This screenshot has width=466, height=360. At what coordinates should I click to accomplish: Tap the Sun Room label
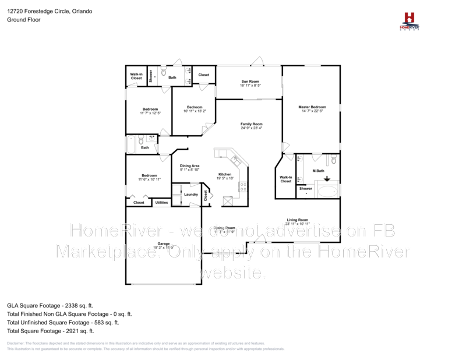[250, 82]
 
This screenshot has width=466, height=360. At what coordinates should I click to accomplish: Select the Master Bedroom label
[312, 107]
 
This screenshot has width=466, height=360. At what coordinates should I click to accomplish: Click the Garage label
[163, 243]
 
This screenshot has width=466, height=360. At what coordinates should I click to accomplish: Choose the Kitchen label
[225, 175]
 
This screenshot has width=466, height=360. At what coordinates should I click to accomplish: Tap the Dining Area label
[189, 166]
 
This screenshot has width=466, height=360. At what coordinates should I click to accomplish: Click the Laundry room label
[190, 195]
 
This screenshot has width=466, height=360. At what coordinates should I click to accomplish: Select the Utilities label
[161, 203]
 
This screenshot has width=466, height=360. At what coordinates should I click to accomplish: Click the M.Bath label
[318, 171]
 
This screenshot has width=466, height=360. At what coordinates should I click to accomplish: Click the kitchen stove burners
[244, 187]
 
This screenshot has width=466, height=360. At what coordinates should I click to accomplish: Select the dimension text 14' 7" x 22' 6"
[312, 112]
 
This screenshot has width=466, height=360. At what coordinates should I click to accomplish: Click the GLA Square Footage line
[50, 305]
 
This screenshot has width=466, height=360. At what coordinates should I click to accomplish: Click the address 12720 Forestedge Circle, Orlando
[50, 11]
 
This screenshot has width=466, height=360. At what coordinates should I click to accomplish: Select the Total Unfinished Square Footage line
[63, 322]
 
